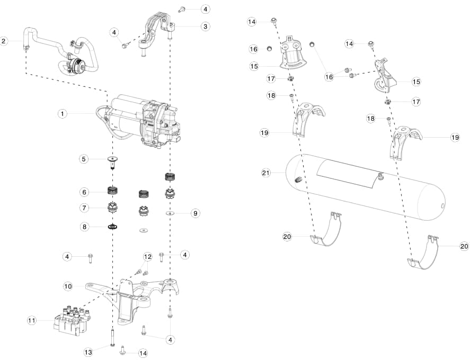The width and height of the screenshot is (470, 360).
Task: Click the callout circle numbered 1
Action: [x=63, y=113]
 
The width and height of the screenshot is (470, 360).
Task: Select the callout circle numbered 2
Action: [x=4, y=40]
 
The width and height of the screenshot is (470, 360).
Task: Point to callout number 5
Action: [x=84, y=158]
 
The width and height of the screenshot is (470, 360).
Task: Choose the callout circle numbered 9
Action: [x=196, y=213]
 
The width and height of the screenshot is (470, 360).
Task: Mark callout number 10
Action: [x=68, y=286]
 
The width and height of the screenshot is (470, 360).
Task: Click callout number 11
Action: [x=32, y=320]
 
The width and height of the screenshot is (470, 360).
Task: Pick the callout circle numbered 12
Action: [x=147, y=256]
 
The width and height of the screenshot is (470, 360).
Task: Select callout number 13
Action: [x=88, y=352]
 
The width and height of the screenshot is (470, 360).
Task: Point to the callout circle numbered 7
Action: [x=84, y=207]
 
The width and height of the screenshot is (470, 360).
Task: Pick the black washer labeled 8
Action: [x=113, y=227]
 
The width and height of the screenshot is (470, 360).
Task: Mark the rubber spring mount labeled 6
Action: [x=113, y=190]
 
